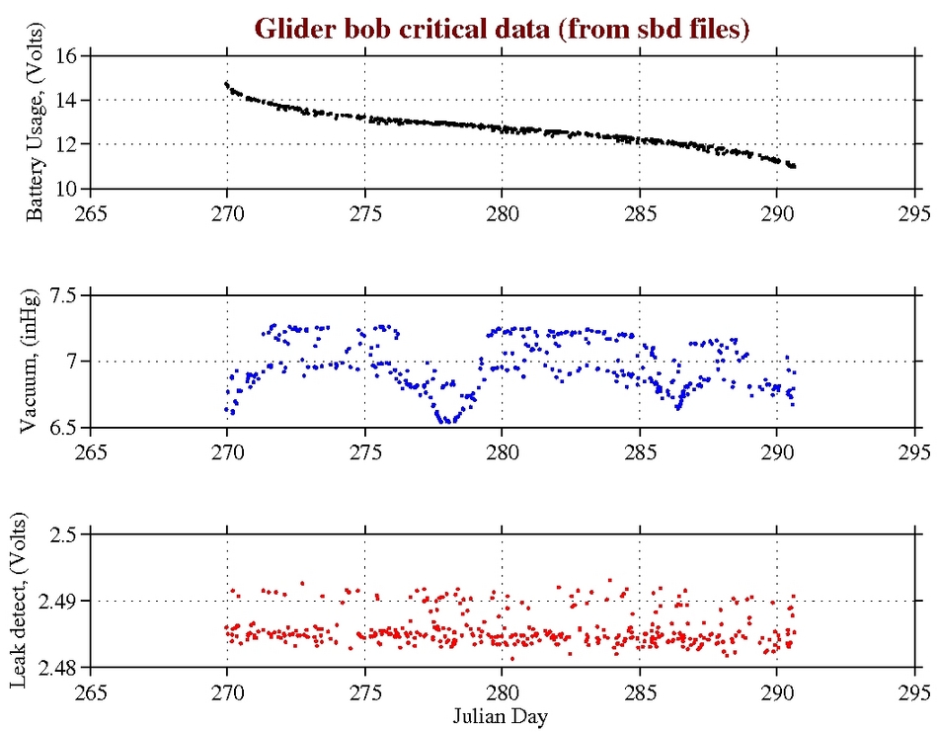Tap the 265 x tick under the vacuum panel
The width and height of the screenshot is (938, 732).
point(90,451)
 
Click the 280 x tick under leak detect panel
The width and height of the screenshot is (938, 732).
point(503,691)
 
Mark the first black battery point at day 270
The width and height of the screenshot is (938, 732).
point(226,84)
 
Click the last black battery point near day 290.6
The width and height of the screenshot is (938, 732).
point(793,166)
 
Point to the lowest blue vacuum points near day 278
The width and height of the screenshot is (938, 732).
point(447,420)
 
